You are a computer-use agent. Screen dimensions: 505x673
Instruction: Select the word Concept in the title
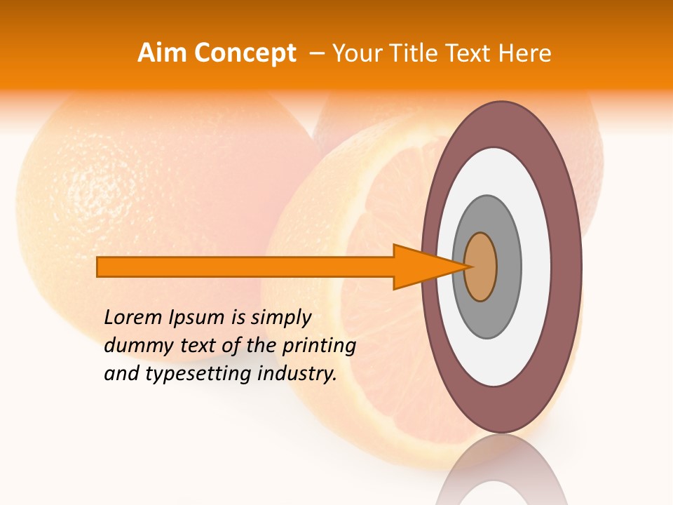[244, 54]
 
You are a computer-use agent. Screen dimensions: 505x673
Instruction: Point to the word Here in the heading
[524, 53]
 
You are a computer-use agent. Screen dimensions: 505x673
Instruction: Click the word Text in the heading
[470, 53]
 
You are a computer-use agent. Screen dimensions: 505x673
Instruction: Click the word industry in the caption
[297, 375]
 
